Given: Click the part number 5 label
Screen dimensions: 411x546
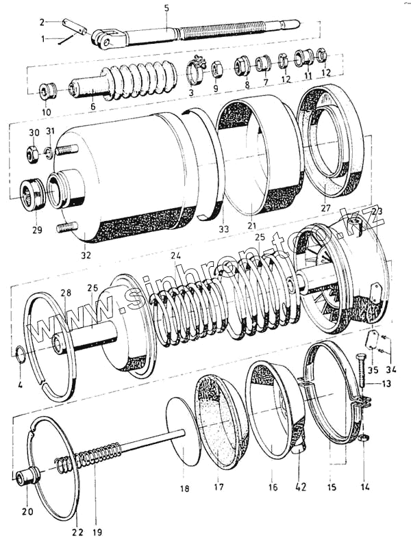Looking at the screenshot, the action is (x=166, y=8).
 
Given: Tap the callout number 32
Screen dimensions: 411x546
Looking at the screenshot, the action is (x=86, y=256).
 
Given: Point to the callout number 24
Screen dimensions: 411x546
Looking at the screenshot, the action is (x=176, y=256).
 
